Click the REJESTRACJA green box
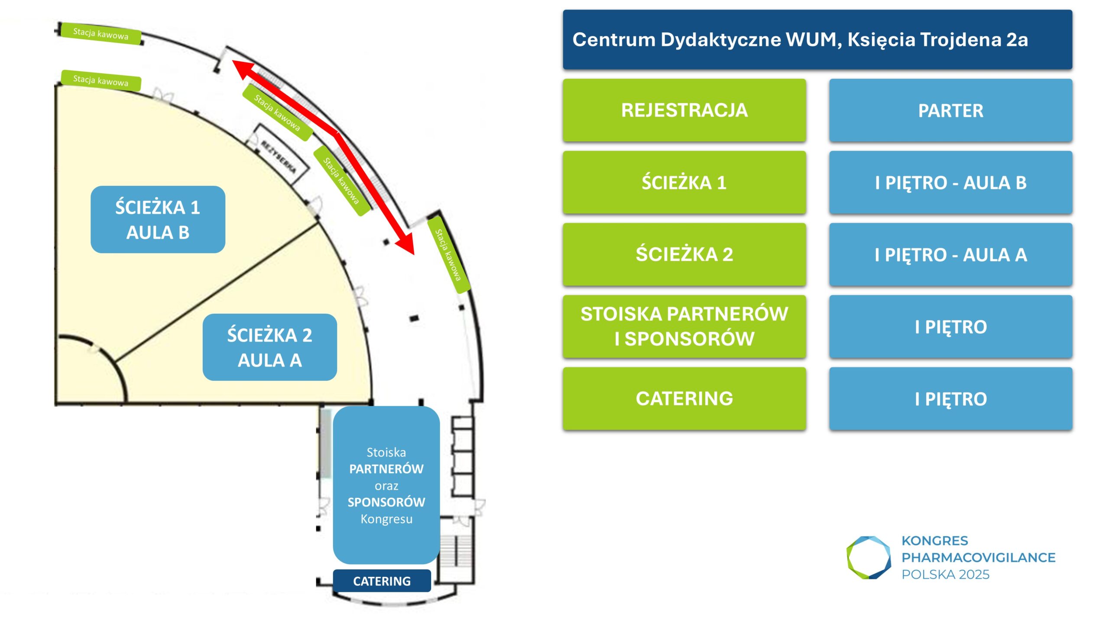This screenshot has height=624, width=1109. click(684, 110)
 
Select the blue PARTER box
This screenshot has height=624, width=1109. click(950, 110)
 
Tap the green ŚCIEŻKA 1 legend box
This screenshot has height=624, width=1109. click(684, 182)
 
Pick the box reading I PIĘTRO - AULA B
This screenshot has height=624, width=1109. click(950, 182)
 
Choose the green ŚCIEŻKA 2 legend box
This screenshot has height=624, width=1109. click(684, 254)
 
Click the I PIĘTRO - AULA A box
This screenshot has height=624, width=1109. click(950, 254)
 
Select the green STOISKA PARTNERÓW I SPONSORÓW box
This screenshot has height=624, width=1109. click(684, 326)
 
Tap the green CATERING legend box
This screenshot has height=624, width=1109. click(684, 399)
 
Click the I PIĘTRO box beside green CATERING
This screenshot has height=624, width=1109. click(950, 399)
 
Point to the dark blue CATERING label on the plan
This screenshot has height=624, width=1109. click(382, 581)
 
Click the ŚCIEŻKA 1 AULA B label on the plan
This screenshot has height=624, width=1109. click(158, 220)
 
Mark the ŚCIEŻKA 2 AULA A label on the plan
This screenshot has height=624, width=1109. click(269, 347)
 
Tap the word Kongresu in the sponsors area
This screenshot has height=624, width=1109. click(386, 519)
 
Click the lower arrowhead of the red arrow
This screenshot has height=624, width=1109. click(407, 244)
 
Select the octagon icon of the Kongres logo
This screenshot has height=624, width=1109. click(869, 557)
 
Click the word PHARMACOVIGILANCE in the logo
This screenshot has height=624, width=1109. click(978, 557)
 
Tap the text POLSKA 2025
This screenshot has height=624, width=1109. click(945, 575)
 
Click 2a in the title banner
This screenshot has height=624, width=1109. click(1017, 39)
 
